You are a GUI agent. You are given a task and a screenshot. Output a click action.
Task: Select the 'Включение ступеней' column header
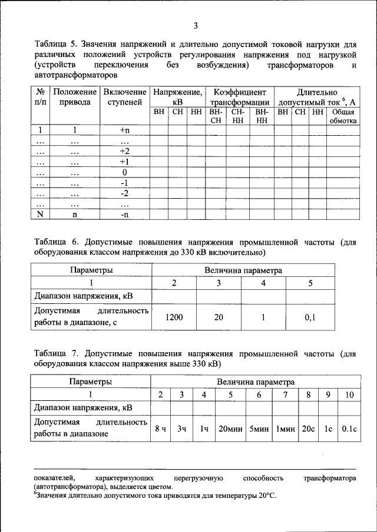pyautogui.click(x=124, y=97)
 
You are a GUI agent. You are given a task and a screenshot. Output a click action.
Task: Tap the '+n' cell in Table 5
pyautogui.click(x=124, y=130)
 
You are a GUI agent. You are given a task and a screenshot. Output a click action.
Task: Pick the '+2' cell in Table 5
pyautogui.click(x=124, y=151)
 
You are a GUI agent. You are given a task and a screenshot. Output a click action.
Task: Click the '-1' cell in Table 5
pyautogui.click(x=124, y=183)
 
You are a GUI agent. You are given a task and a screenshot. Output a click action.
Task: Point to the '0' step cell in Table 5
pyautogui.click(x=124, y=172)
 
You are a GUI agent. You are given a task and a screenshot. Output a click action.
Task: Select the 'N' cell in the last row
pyautogui.click(x=40, y=215)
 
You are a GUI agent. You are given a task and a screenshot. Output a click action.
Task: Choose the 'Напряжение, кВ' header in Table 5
pyautogui.click(x=177, y=97)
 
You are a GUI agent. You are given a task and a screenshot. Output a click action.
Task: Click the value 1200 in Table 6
pyautogui.click(x=174, y=317)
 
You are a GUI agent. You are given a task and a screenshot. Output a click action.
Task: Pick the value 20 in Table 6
pyautogui.click(x=219, y=317)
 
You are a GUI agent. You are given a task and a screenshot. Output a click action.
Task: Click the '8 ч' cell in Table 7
pyautogui.click(x=160, y=429)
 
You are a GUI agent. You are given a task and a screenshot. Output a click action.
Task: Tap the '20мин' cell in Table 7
pyautogui.click(x=230, y=429)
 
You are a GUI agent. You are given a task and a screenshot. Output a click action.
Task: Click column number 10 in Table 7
pyautogui.click(x=349, y=395)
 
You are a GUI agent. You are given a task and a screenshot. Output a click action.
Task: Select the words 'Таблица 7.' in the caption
pyautogui.click(x=56, y=354)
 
